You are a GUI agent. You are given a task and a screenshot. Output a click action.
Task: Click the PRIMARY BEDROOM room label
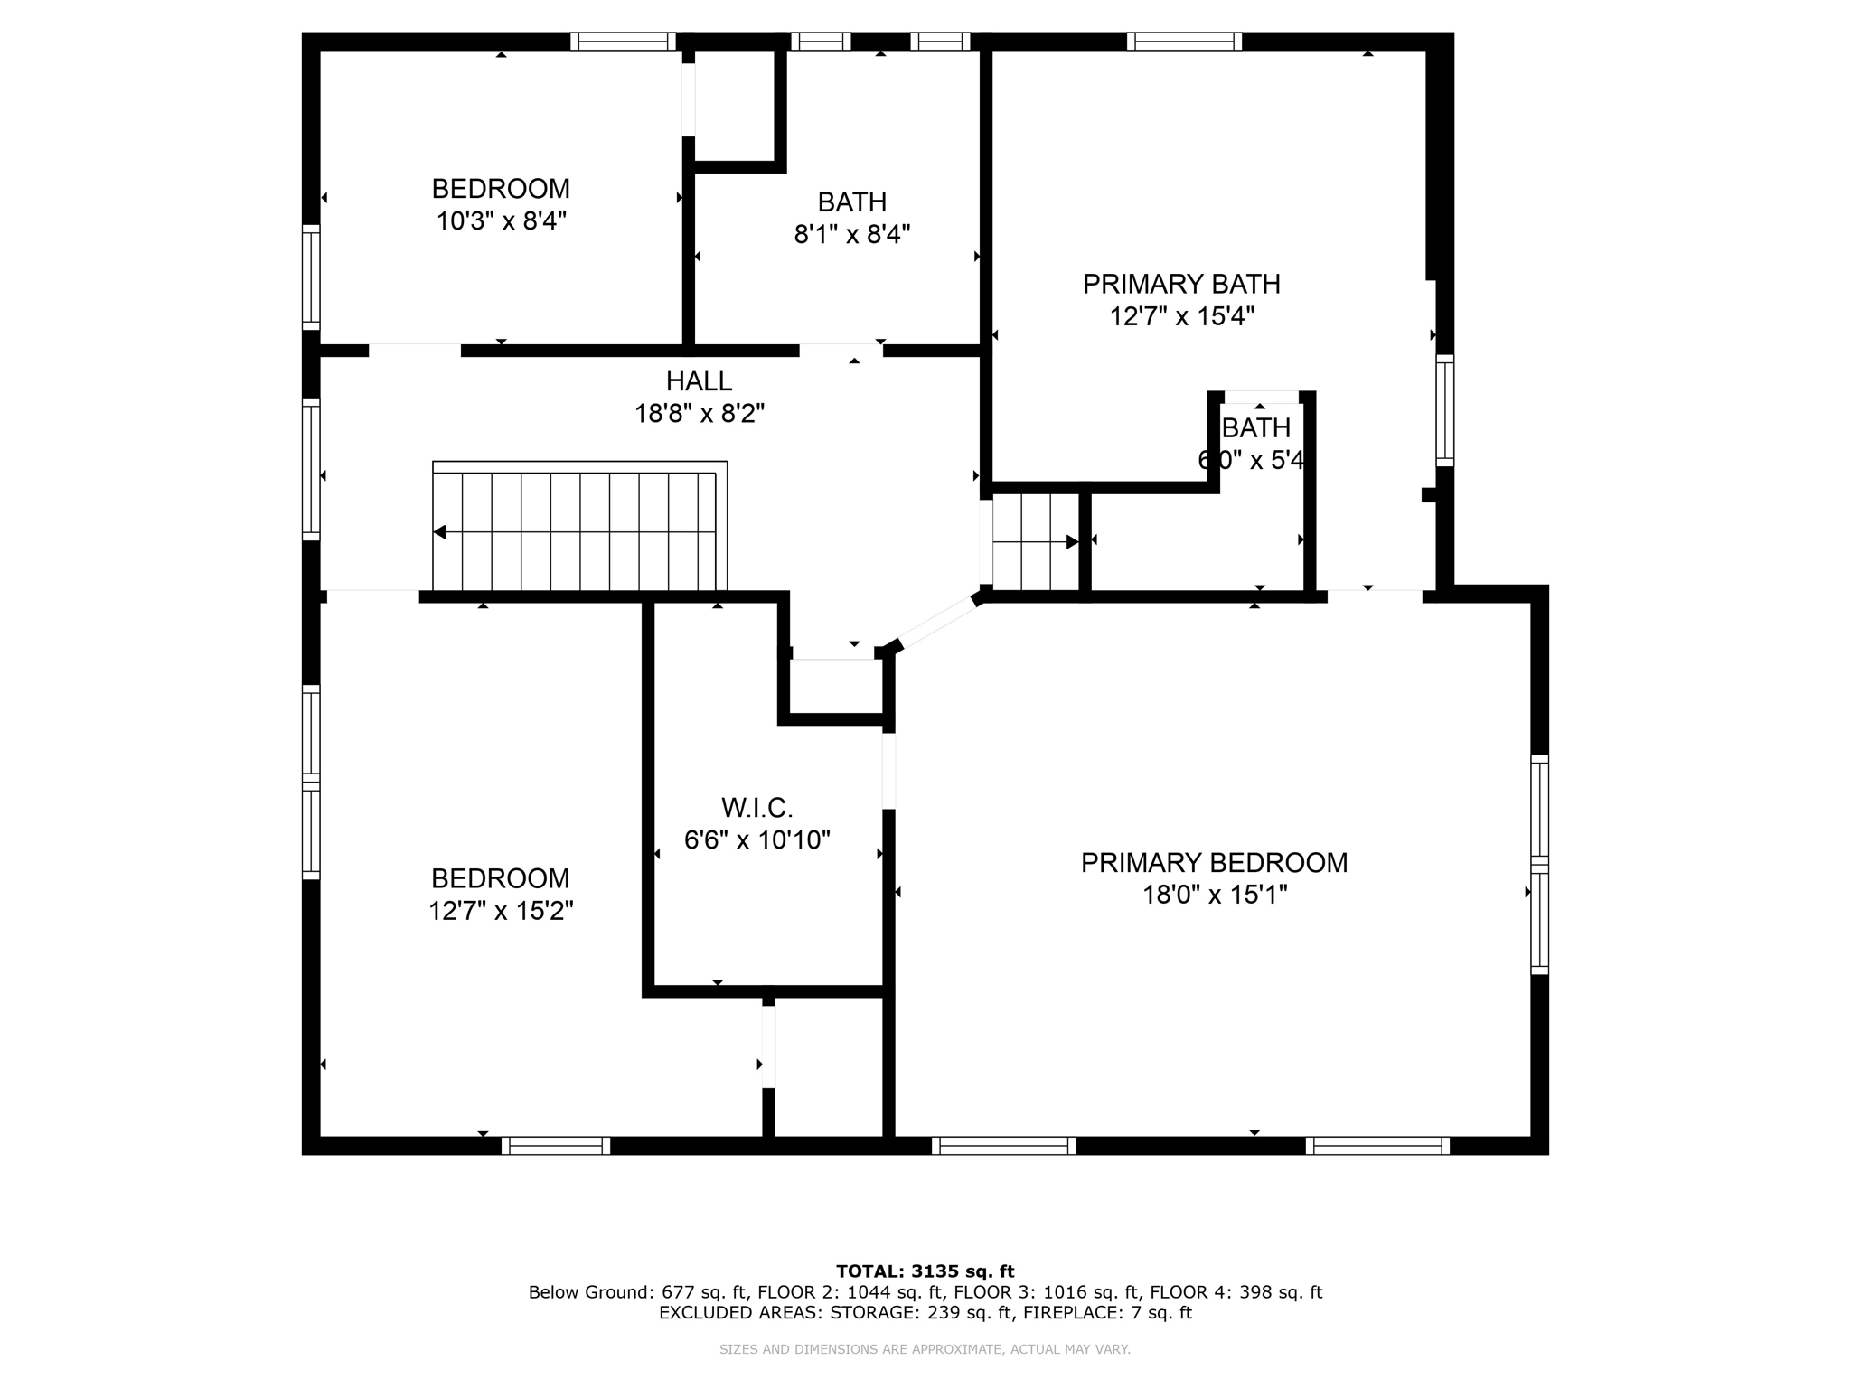(1214, 863)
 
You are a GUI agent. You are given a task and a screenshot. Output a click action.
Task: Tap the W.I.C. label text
(756, 807)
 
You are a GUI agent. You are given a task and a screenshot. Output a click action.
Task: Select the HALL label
(699, 381)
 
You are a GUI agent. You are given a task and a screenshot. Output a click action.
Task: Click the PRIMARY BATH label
(1181, 285)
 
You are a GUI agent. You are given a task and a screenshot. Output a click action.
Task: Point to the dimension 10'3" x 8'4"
(501, 221)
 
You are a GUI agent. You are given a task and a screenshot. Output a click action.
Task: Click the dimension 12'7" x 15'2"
(501, 911)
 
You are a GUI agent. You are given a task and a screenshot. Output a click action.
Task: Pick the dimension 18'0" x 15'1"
(1214, 896)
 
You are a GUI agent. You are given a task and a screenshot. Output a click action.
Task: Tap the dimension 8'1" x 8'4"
(851, 235)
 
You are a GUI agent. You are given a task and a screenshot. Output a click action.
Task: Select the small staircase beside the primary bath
(1035, 542)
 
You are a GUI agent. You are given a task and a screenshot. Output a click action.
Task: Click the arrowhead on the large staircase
(440, 532)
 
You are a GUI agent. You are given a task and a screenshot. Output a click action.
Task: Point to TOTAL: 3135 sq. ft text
(925, 1271)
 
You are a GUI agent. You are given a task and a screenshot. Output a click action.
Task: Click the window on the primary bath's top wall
(1184, 42)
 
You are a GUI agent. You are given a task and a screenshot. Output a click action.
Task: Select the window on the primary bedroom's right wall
(1539, 865)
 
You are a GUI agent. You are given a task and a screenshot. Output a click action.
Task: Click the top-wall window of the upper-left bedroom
(623, 42)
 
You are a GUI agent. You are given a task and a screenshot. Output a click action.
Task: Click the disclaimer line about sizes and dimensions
(925, 1349)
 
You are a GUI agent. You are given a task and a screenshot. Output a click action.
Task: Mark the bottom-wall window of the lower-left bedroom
(556, 1146)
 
